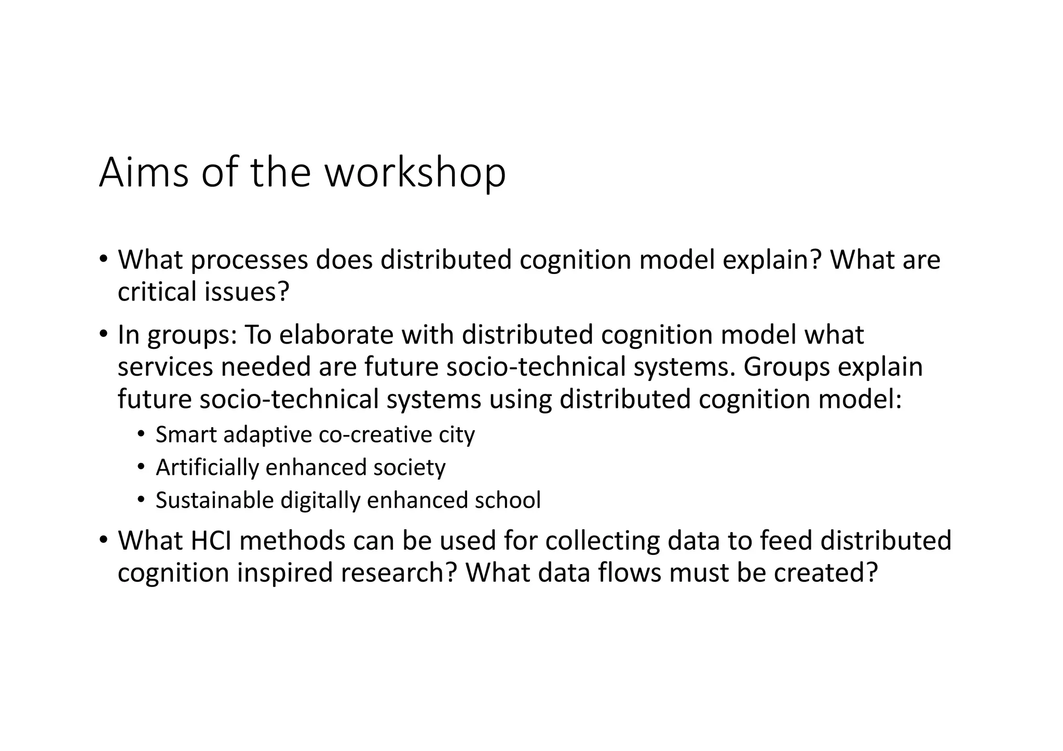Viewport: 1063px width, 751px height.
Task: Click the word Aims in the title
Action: [x=144, y=172]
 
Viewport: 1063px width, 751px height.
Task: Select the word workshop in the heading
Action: [x=415, y=172]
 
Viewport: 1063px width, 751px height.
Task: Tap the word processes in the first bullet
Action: [x=249, y=260]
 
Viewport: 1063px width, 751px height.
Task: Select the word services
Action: [x=165, y=367]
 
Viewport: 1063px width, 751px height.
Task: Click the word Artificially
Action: [x=207, y=468]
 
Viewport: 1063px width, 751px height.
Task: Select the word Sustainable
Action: [x=214, y=500]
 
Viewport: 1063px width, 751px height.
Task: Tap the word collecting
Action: [x=602, y=541]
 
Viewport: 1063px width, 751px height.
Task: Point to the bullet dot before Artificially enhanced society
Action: [x=141, y=468]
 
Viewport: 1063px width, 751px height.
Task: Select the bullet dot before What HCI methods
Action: [x=103, y=540]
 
